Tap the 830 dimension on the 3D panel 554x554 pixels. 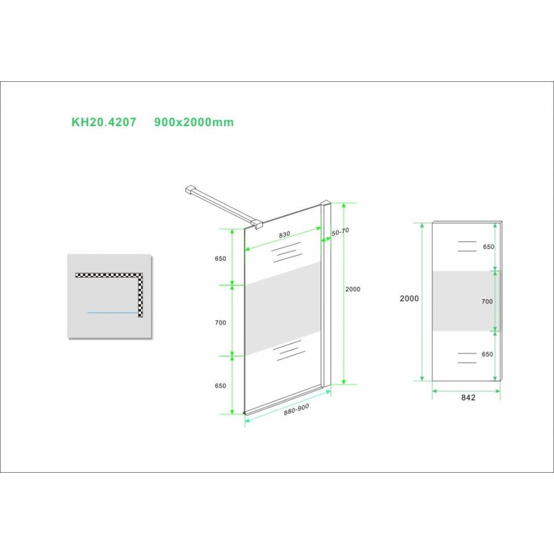[x=284, y=235]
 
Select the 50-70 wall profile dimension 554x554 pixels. [x=340, y=231]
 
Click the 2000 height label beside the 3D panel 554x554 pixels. [x=353, y=289]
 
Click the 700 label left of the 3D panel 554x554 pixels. [x=221, y=323]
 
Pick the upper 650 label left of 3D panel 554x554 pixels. [x=221, y=259]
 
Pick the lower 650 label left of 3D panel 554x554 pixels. [x=221, y=386]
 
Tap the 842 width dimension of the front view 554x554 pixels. [x=468, y=398]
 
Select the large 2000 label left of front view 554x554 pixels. [x=409, y=299]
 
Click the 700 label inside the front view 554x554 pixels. [x=488, y=302]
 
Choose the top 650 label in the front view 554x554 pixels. [x=488, y=247]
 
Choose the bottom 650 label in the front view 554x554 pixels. [x=488, y=355]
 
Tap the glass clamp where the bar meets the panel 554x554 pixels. [x=257, y=224]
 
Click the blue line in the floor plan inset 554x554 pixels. [x=112, y=312]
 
